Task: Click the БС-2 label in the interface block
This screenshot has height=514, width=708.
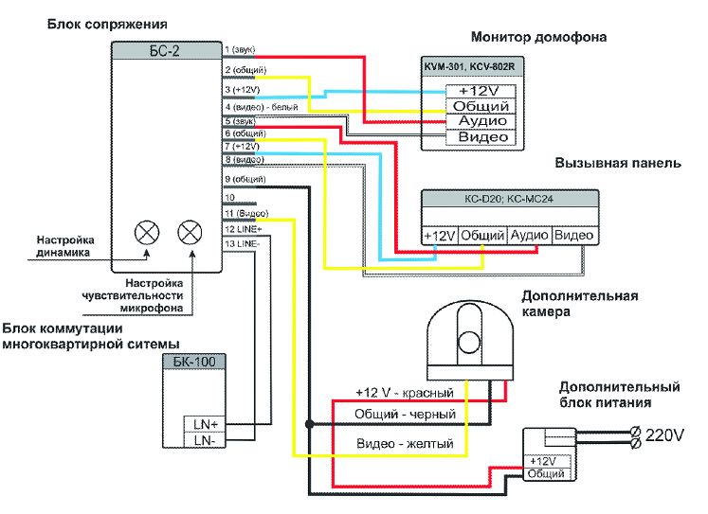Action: (x=165, y=50)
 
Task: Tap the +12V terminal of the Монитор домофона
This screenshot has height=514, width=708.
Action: (x=481, y=91)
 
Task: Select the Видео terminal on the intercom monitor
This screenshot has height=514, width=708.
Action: (x=482, y=137)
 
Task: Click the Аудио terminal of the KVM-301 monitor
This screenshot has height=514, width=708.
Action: (x=482, y=122)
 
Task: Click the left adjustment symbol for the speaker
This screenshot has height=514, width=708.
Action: (x=145, y=231)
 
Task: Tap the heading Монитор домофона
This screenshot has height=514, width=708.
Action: (x=538, y=38)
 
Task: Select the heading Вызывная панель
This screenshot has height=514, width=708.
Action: (x=617, y=163)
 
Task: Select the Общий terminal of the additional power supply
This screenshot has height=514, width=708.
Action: (x=547, y=473)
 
